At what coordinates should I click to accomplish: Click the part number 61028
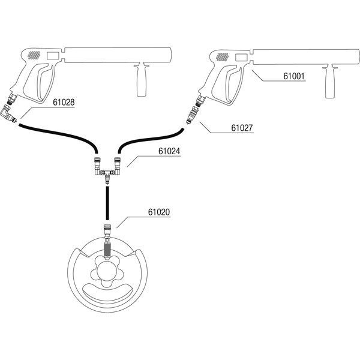coord(64,102)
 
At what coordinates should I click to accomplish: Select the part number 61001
coord(294,76)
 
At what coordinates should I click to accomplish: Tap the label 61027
coord(242,128)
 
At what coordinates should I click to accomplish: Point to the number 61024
coord(169,151)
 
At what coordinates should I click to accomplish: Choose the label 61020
coord(159,212)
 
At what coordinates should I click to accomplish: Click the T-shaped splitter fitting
coord(107,170)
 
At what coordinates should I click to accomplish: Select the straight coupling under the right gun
coord(192,115)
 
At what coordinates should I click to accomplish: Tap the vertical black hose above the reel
coord(107,203)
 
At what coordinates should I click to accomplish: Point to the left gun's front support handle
coord(142,79)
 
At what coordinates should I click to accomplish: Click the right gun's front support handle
coord(330,81)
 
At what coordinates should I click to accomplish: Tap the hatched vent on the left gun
coord(34,55)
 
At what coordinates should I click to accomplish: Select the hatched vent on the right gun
coord(222,57)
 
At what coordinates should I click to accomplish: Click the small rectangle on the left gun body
coord(53,55)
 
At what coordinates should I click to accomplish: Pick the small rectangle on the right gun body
coord(241,58)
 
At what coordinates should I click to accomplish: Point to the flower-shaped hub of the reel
coord(107,271)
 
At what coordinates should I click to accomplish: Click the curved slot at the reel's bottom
coord(107,293)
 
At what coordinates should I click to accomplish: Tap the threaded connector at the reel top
coord(107,250)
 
